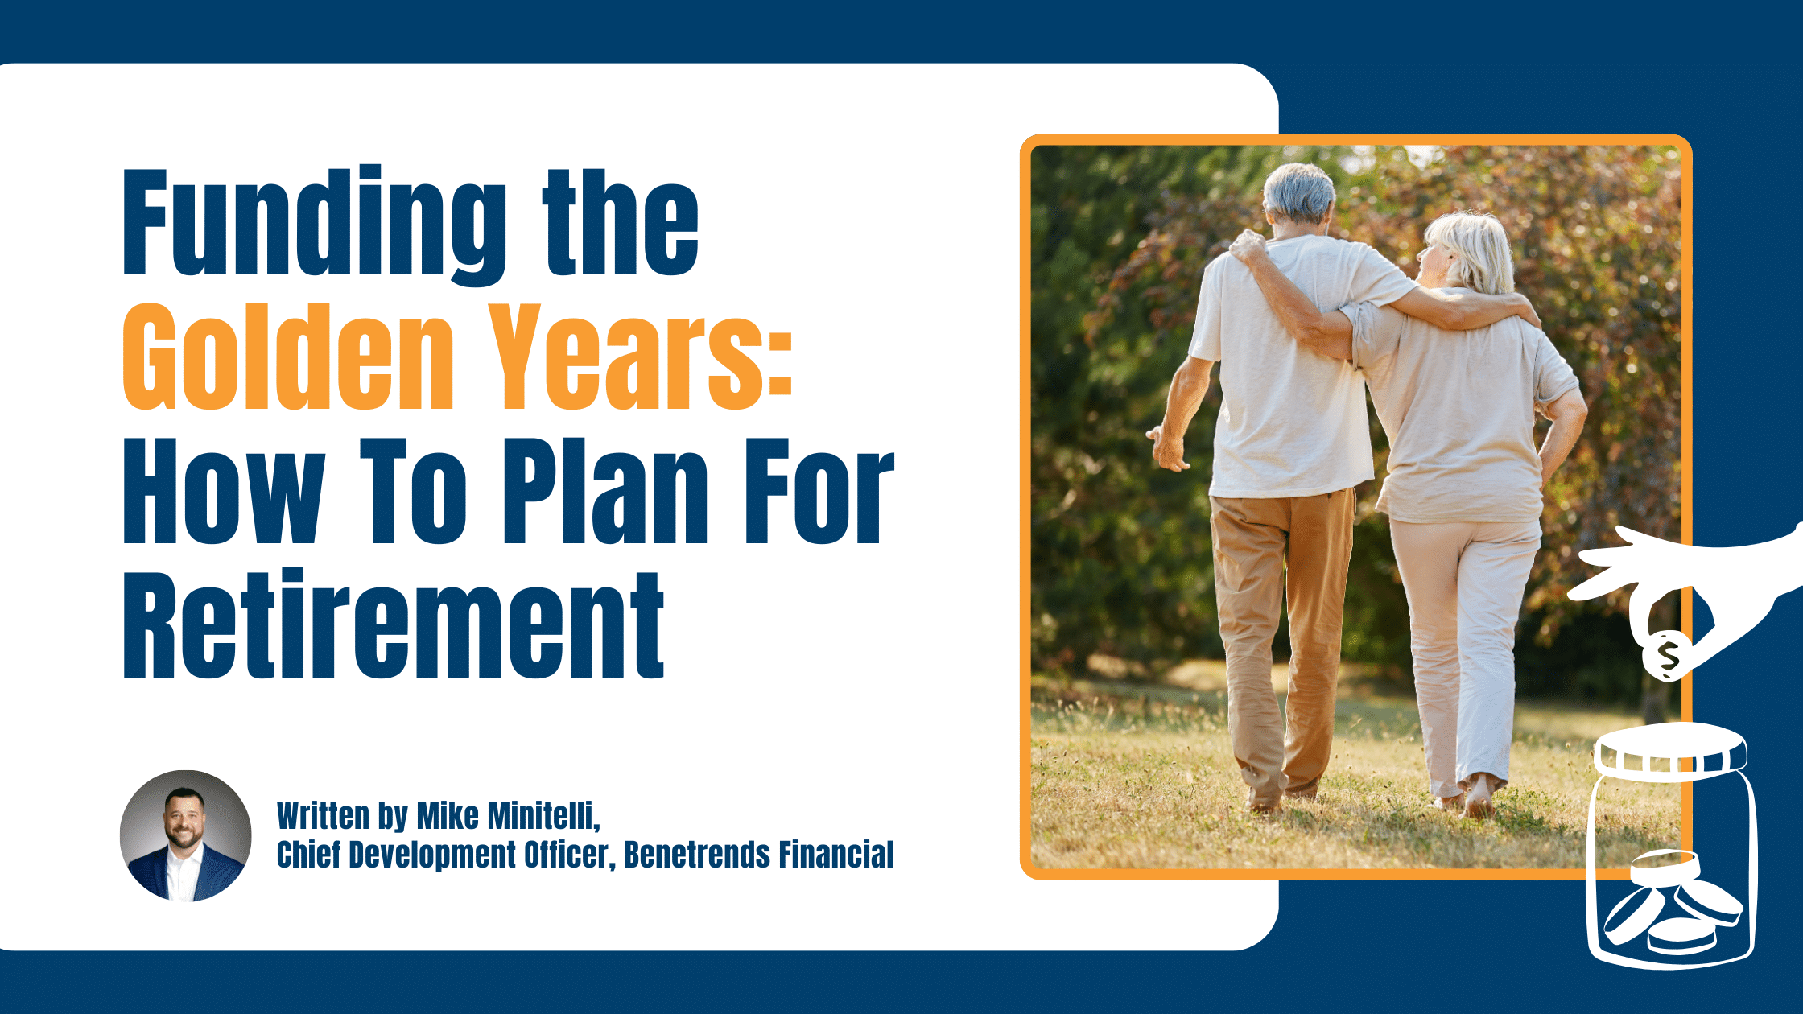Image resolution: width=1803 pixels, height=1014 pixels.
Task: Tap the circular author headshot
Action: click(x=185, y=835)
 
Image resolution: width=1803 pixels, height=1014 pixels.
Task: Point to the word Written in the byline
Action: click(x=323, y=816)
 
